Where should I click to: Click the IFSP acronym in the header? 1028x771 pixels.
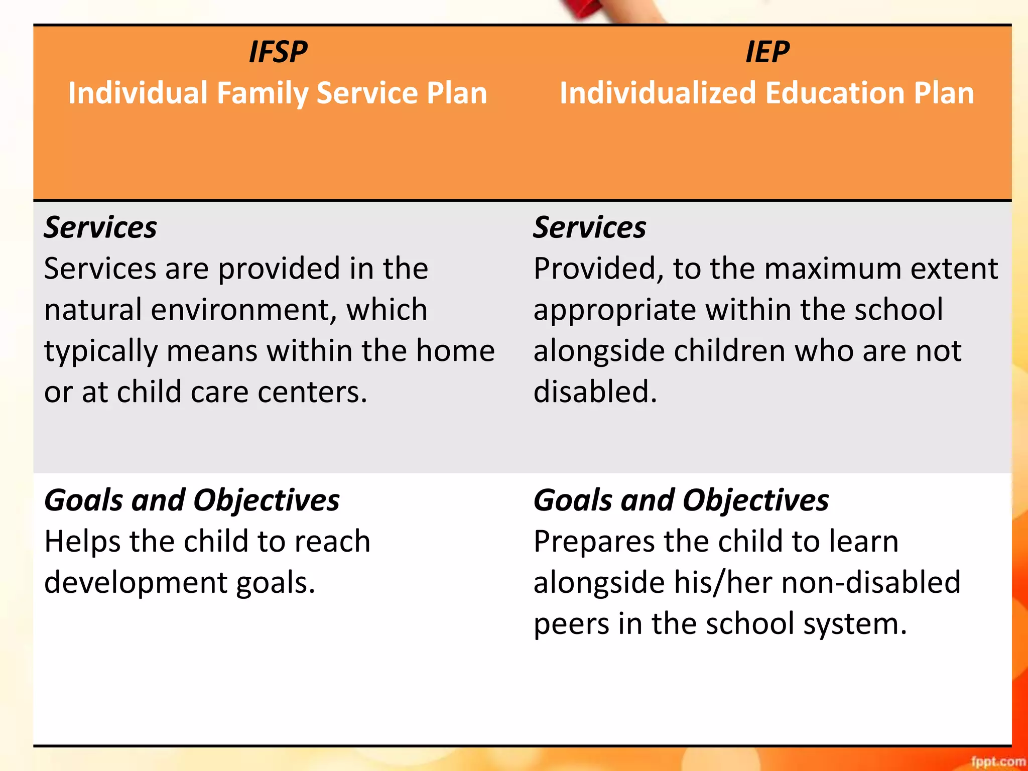point(278,52)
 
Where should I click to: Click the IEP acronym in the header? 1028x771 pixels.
point(767,52)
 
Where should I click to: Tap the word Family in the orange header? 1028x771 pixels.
point(262,94)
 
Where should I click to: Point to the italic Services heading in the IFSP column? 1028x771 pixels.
point(100,227)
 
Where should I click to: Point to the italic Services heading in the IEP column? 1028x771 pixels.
point(590,227)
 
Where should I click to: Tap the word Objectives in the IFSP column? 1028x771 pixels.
point(267,500)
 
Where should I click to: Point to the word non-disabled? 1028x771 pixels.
point(871,582)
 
